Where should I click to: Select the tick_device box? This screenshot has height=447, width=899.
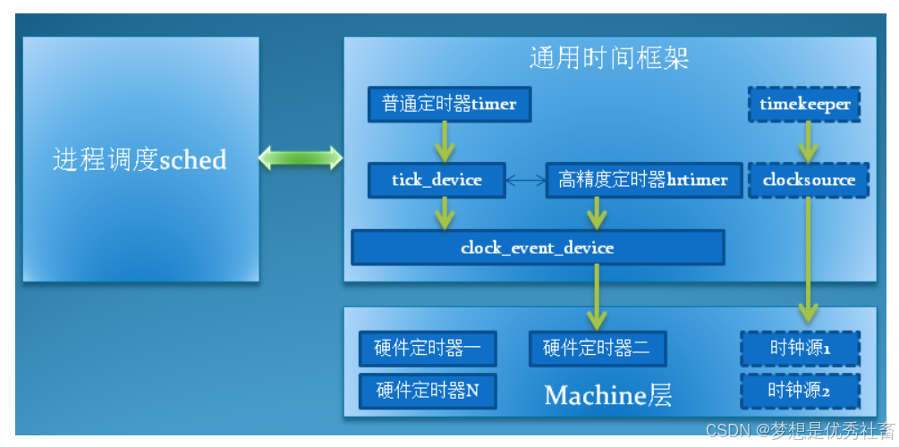[437, 180]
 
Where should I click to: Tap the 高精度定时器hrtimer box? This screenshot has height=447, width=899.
[642, 180]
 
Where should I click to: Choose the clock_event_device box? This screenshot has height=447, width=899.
[537, 247]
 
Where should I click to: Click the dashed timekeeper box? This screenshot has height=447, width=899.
[804, 105]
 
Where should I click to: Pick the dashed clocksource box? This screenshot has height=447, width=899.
[809, 180]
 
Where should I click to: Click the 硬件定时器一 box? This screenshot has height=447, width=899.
[427, 349]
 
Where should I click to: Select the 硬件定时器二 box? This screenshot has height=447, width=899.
[597, 349]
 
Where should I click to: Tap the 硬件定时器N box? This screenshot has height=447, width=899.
[427, 391]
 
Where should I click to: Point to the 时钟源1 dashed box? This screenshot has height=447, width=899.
[800, 349]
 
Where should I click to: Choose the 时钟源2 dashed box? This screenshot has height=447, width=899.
[800, 391]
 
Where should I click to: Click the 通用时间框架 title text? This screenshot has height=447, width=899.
[608, 59]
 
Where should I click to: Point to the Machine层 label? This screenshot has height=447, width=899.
[608, 394]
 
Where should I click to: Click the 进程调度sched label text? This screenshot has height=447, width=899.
[140, 160]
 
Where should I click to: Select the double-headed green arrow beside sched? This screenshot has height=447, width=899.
[301, 158]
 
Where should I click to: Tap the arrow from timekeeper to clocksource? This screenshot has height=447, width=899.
[809, 141]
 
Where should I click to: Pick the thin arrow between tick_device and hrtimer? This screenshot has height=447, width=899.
[526, 181]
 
